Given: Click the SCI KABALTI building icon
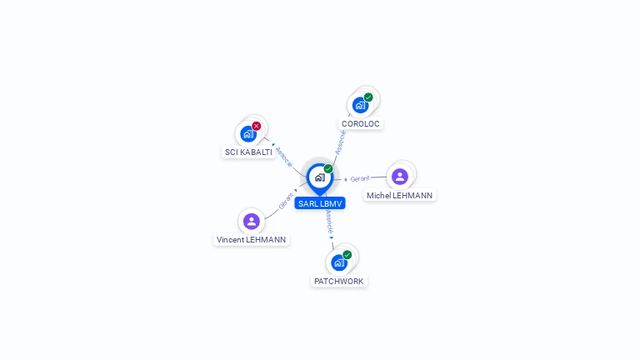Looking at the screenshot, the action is (248, 134).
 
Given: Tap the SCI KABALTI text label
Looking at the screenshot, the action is (248, 152).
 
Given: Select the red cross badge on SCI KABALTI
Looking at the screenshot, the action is (257, 126).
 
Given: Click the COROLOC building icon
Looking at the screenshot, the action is (360, 105).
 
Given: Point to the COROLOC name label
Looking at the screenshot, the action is (361, 123).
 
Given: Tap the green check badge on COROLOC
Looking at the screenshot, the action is (368, 97).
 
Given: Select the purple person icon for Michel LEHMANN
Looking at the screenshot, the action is (400, 177).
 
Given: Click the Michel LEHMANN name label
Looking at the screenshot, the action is (400, 196).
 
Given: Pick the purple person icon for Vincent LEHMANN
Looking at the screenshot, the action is (252, 221).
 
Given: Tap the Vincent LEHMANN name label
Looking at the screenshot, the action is (252, 240).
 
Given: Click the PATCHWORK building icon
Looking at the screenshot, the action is (339, 262).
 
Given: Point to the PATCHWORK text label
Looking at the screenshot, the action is (339, 282).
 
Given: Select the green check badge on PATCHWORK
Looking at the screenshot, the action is (347, 255).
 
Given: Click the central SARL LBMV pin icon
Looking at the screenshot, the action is (319, 177).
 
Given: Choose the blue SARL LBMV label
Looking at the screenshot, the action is (320, 203).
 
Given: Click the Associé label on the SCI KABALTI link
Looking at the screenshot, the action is (284, 157).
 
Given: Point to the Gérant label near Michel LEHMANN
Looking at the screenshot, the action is (360, 179).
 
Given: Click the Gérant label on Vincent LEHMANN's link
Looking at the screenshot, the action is (286, 201).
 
